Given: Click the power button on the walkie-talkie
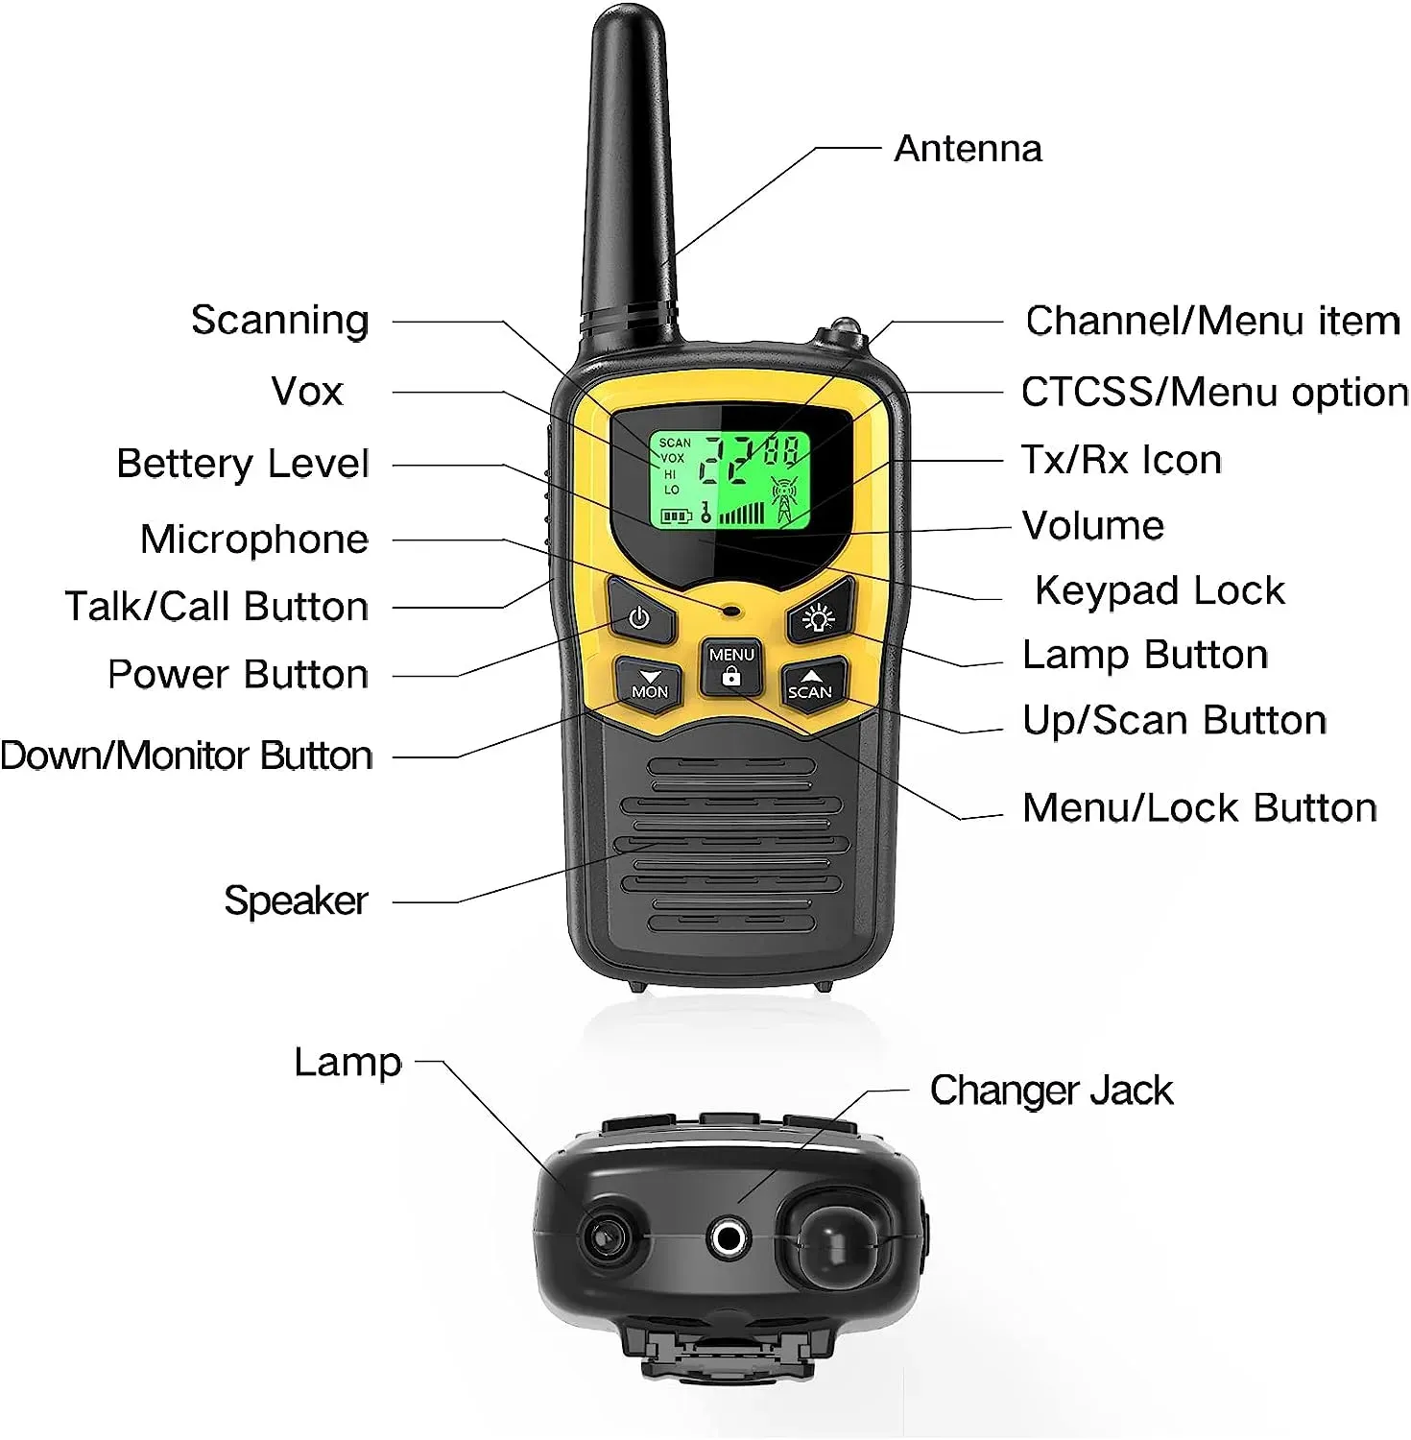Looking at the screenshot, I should [x=640, y=617].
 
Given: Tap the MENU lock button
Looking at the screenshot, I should [x=731, y=666].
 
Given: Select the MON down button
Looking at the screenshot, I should [x=649, y=684].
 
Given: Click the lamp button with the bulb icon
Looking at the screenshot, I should [x=819, y=617].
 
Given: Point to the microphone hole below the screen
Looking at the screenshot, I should [x=731, y=610].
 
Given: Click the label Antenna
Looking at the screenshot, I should [x=968, y=150].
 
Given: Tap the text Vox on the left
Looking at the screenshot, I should [x=307, y=392].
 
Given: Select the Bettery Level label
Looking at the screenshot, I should [x=243, y=464].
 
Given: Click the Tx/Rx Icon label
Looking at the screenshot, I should [x=1121, y=460].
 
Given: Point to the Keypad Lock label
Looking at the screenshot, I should [x=1160, y=590].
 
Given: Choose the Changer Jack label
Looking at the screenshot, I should [x=1051, y=1091].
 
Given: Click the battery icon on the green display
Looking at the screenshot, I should [x=675, y=516].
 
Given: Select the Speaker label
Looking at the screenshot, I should [x=296, y=901].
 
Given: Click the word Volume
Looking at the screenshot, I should [x=1093, y=526].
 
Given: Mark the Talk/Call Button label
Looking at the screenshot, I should [x=217, y=607].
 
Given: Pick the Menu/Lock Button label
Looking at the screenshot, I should [x=1200, y=808].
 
